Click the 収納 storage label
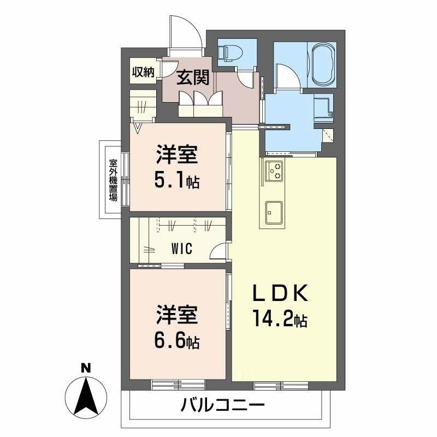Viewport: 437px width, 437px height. [144, 72]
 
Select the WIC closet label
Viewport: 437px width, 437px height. [182, 249]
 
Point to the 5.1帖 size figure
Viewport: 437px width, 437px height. [177, 180]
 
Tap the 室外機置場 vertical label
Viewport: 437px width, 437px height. [113, 180]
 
